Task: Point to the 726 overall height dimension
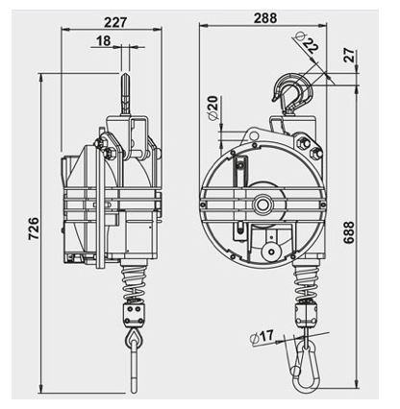point(32,227)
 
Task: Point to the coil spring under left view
point(132,282)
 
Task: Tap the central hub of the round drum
point(261,203)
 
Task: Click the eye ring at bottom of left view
point(132,342)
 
